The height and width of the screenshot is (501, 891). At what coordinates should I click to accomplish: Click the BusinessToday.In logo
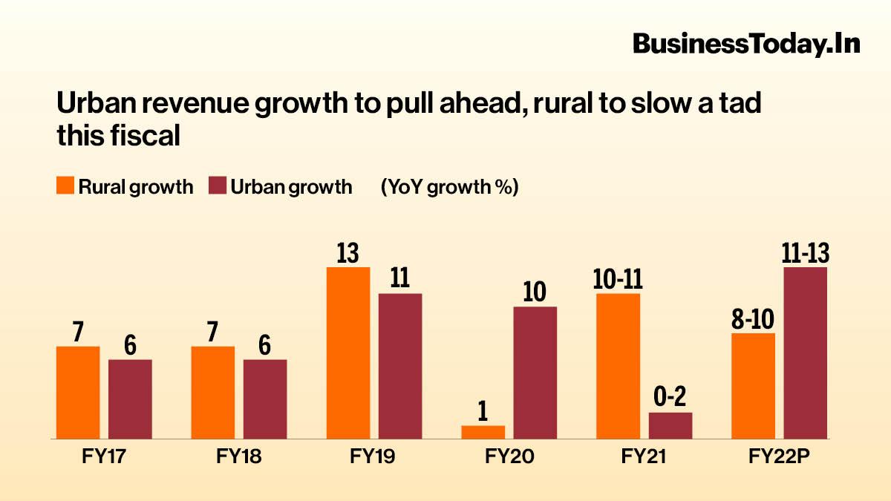(x=745, y=44)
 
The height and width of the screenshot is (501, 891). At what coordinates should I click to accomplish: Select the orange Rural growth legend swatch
(x=66, y=186)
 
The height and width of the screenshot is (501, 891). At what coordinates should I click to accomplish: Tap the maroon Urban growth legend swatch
(x=218, y=186)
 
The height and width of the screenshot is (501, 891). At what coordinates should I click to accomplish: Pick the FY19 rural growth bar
(x=348, y=353)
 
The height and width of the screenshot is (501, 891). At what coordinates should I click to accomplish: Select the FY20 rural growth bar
(x=483, y=432)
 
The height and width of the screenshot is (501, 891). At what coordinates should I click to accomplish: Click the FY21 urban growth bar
(x=670, y=425)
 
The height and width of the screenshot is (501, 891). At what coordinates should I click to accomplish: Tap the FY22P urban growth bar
(x=806, y=353)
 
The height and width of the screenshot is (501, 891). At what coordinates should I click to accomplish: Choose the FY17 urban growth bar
(x=130, y=399)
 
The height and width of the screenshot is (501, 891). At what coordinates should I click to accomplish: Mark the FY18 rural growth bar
(x=213, y=392)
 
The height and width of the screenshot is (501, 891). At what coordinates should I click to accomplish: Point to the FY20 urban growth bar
(x=535, y=373)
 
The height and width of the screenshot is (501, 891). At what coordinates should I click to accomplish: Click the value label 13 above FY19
(x=347, y=253)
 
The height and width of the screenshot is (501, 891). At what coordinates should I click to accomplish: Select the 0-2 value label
(x=670, y=399)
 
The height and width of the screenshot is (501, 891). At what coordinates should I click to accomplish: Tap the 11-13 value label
(x=806, y=253)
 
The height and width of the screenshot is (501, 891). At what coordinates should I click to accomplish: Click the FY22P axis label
(x=779, y=457)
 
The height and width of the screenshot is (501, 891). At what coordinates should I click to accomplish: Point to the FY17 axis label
(x=104, y=457)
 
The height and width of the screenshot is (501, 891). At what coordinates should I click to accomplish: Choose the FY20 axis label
(x=509, y=457)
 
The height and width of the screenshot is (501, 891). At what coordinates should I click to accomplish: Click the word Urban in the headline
(x=91, y=105)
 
